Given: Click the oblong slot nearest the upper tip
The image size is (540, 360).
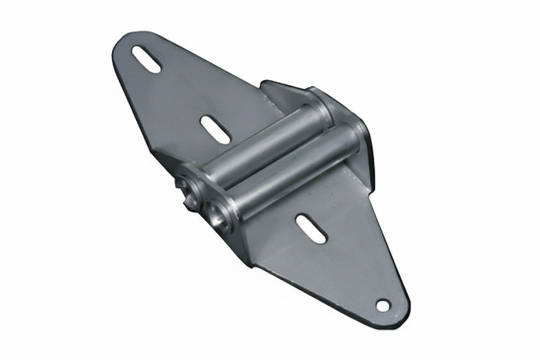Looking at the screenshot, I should point(146,59).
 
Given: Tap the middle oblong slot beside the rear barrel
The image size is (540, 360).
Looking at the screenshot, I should point(215,130).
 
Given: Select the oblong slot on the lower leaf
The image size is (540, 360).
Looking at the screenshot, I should point(311,229).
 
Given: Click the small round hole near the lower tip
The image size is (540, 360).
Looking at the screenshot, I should point(383,305).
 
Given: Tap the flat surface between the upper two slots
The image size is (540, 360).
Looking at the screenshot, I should point(180,95).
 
